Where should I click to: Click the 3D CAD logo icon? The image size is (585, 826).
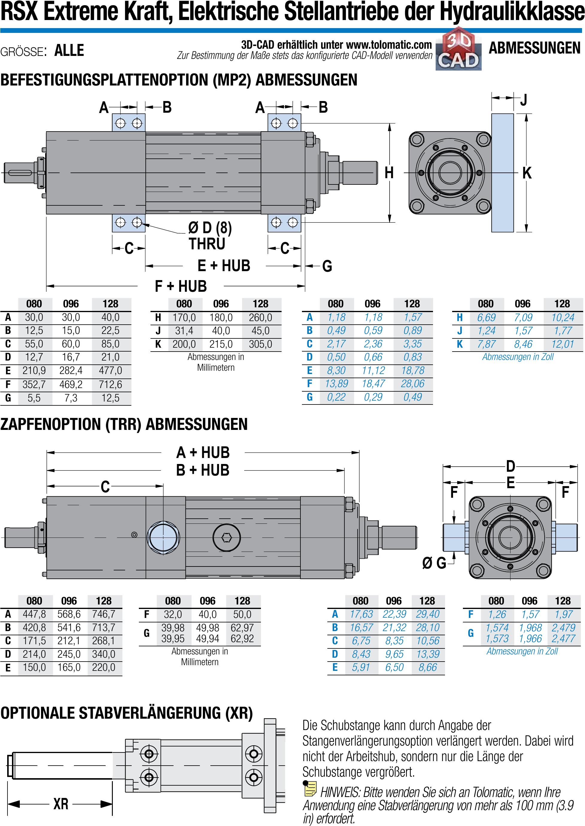(x=458, y=49)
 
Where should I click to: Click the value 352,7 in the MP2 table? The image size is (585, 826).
(x=34, y=384)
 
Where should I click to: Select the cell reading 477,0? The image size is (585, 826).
(x=110, y=370)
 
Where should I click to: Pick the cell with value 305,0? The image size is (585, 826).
(x=260, y=344)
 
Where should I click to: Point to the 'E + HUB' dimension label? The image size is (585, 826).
(x=224, y=265)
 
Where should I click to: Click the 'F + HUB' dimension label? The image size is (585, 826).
(x=180, y=286)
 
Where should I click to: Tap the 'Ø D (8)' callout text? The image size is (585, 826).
(x=210, y=228)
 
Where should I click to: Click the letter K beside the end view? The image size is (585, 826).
(x=527, y=173)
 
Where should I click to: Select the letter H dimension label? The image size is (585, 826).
(x=389, y=173)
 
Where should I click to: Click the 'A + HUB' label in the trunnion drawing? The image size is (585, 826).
(x=203, y=452)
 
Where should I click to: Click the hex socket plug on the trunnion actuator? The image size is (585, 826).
(x=227, y=537)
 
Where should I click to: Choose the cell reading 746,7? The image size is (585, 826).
(x=104, y=614)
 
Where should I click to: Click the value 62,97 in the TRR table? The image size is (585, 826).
(x=242, y=628)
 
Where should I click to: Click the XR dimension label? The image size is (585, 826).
(x=60, y=803)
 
